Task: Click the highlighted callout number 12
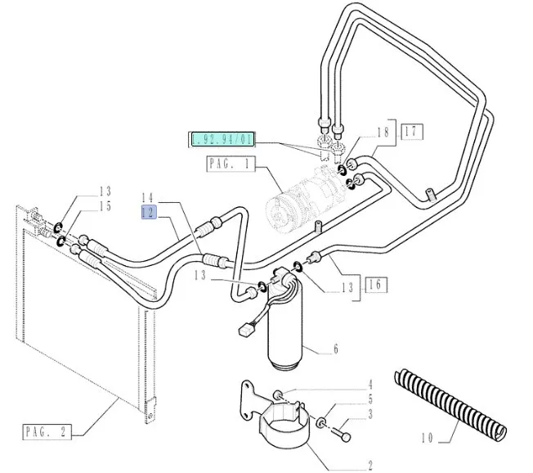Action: (147, 212)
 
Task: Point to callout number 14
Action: (147, 197)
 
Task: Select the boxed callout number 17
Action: (410, 130)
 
